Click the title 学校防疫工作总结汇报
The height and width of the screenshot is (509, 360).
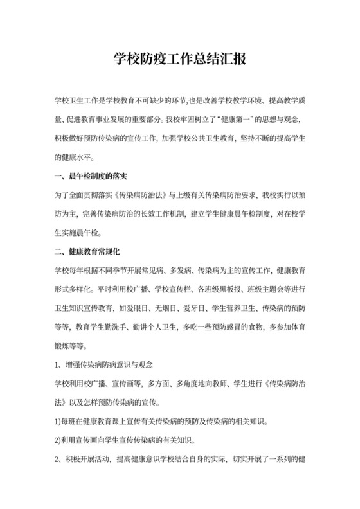180,60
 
